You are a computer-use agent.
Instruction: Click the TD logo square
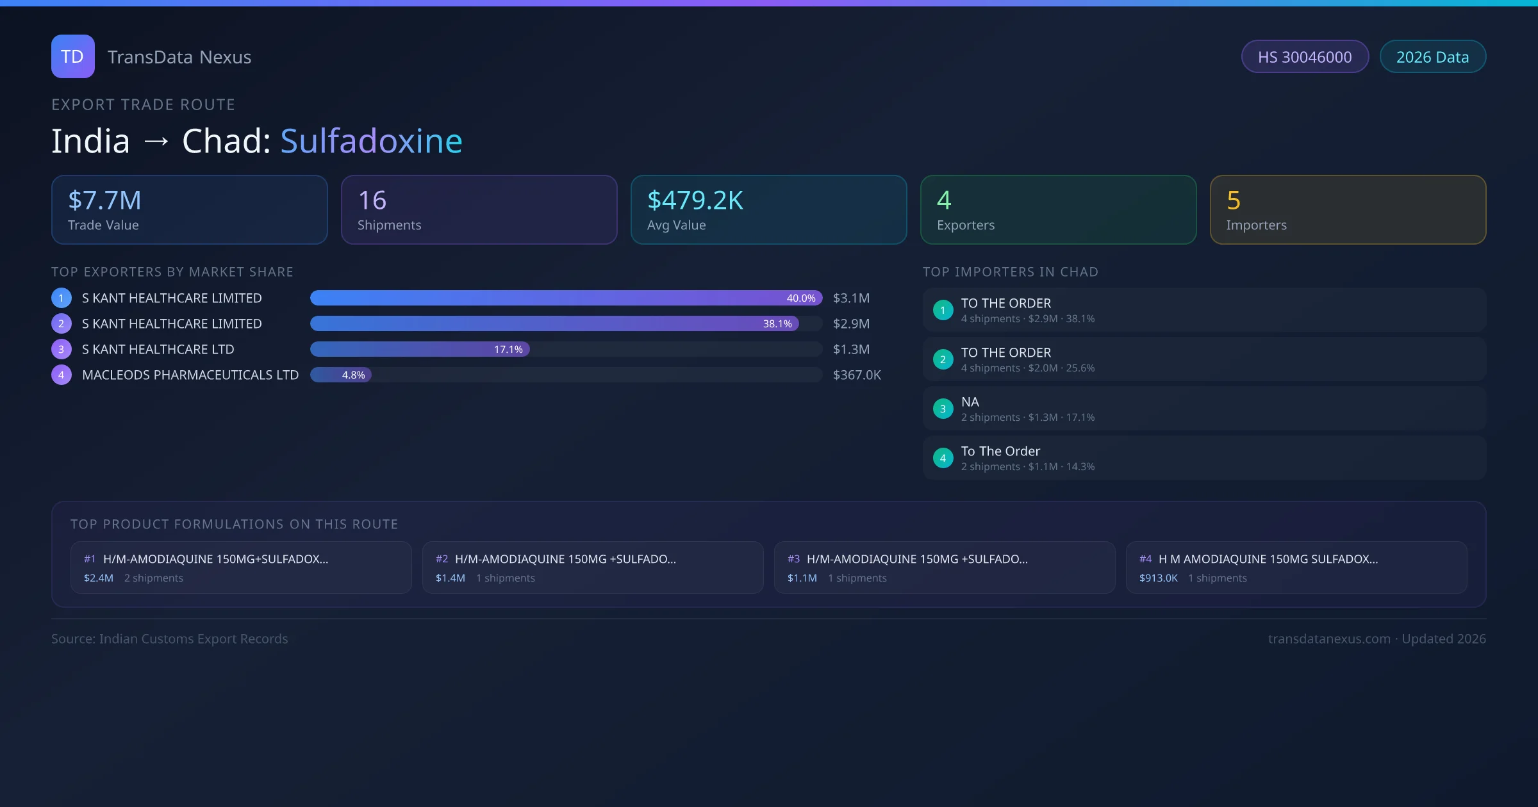coord(72,56)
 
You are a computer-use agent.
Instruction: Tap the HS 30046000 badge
coord(1304,57)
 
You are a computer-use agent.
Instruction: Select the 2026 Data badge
coord(1432,57)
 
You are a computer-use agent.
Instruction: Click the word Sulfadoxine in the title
coord(371,141)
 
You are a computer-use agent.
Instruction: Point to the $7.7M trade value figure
coord(104,200)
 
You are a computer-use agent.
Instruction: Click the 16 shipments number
coord(372,200)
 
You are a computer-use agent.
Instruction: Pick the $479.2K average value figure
coord(695,200)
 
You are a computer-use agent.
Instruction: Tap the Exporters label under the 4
coord(965,225)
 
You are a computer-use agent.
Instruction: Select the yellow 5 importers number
coord(1233,200)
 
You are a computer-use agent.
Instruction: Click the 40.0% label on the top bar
coord(800,298)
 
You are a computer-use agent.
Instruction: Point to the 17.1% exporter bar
coord(420,349)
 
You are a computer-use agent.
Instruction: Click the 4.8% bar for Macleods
coord(341,375)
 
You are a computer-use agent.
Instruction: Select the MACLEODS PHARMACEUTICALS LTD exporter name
coord(190,375)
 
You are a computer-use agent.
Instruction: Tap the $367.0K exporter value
coord(856,375)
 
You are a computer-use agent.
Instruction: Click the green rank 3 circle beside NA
coord(943,409)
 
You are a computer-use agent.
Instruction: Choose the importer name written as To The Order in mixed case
coord(1000,452)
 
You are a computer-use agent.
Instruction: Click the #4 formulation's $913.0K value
coord(1158,578)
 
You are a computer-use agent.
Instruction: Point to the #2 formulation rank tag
coord(442,559)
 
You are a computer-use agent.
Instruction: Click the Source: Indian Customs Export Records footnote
coord(170,639)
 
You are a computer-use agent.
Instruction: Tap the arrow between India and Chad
coord(156,141)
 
